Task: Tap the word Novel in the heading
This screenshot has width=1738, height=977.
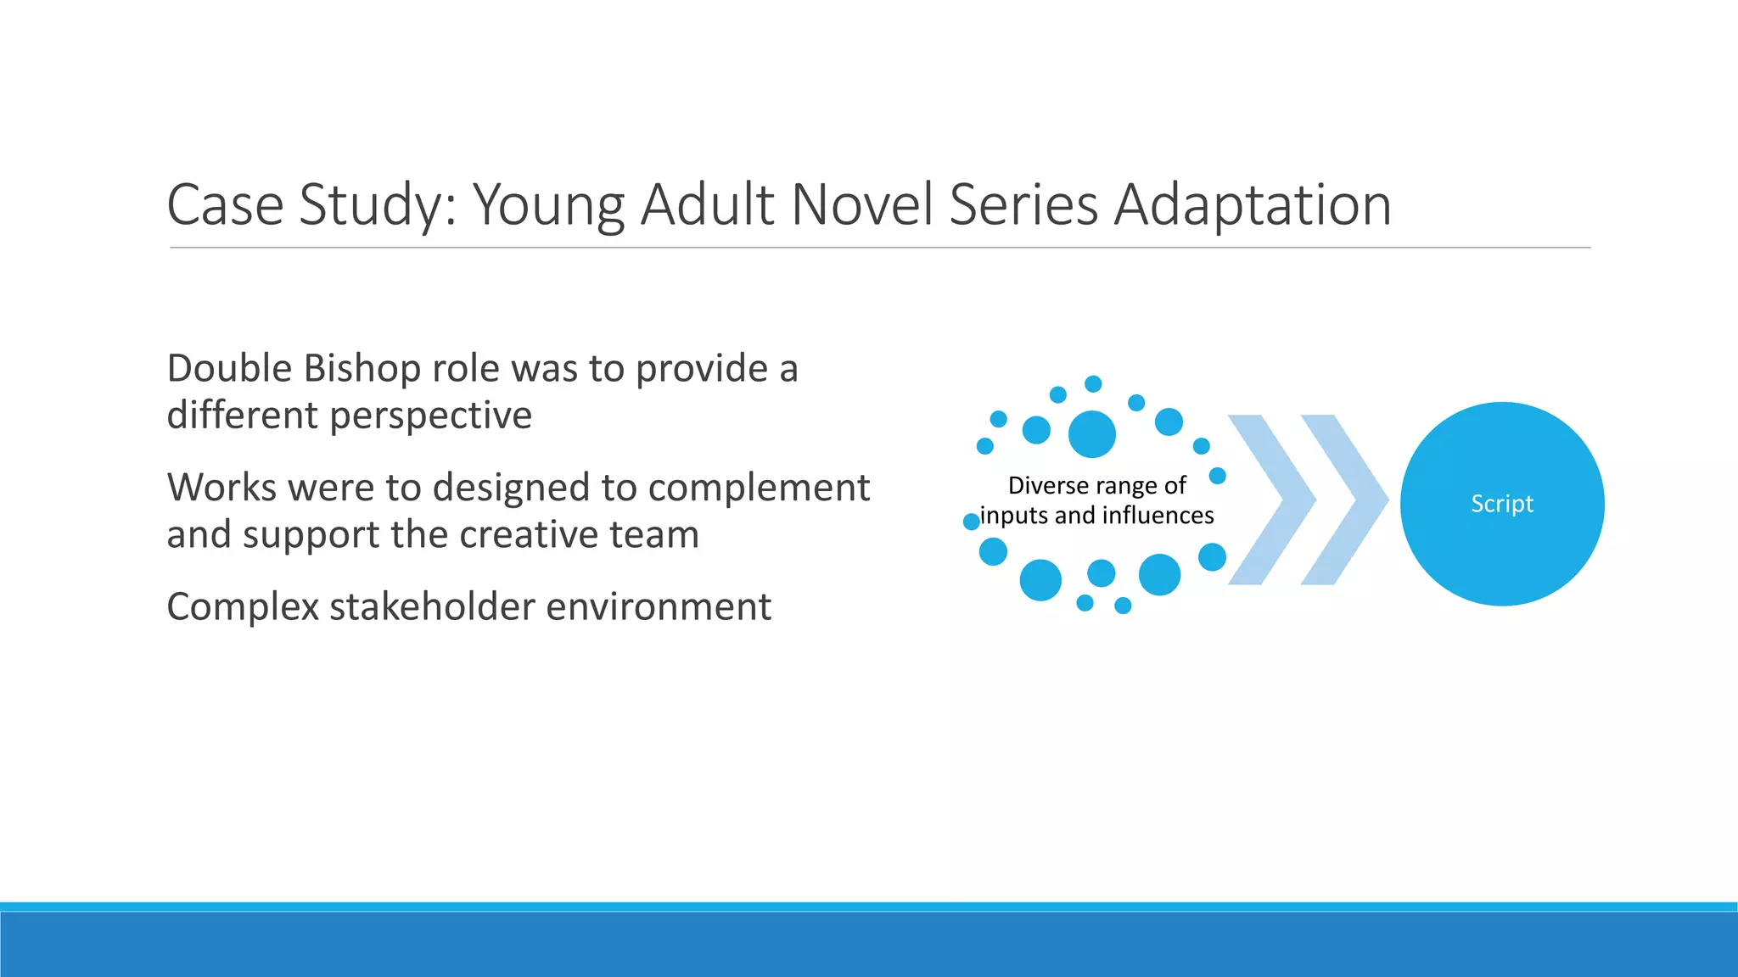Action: coord(862,205)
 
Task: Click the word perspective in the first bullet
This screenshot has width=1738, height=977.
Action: coord(430,416)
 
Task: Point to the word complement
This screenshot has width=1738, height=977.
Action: coord(759,488)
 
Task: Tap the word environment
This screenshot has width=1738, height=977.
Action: coord(659,607)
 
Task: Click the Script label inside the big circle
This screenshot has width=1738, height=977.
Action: coord(1501,504)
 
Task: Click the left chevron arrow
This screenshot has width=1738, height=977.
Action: coord(1271,500)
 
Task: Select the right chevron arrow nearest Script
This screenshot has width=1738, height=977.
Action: coord(1344,500)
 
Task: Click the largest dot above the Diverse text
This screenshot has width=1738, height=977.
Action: coord(1091,434)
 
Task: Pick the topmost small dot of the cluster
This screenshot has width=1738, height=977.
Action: coord(1093,384)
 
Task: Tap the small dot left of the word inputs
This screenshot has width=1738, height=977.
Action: coord(972,522)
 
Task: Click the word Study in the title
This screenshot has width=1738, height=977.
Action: coord(378,205)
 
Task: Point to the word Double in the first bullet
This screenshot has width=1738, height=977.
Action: coord(229,369)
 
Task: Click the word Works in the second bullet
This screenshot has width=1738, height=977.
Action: coord(221,488)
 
